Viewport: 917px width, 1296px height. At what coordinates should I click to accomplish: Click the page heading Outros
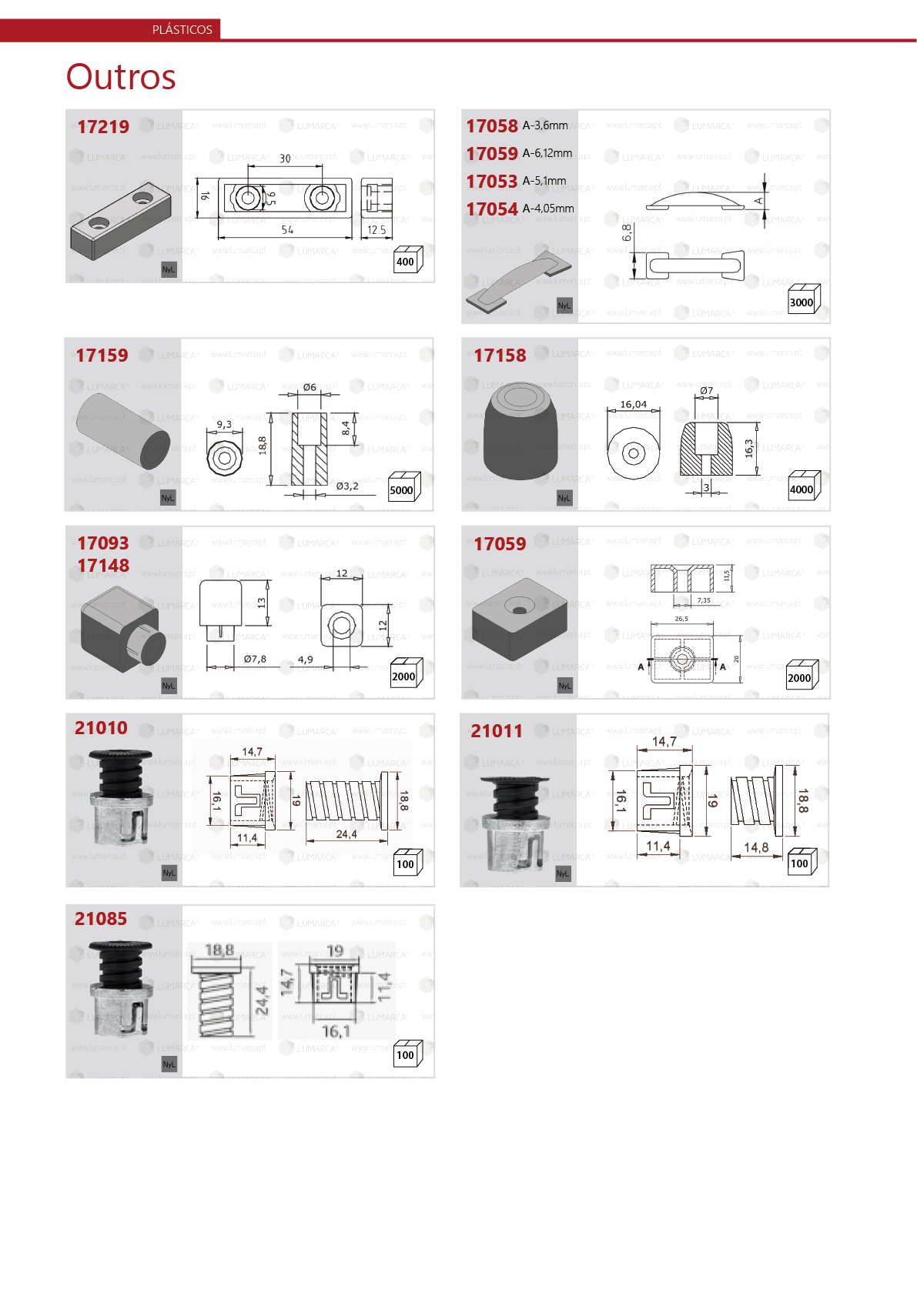tap(121, 77)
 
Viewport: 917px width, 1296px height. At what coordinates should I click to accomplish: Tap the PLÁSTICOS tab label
tap(182, 30)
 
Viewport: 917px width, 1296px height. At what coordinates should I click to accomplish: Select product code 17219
tap(103, 127)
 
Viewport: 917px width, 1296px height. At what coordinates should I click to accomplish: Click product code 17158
tap(500, 356)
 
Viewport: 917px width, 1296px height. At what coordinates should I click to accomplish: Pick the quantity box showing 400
tap(405, 262)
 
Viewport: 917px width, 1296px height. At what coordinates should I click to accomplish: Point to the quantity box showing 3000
tap(801, 302)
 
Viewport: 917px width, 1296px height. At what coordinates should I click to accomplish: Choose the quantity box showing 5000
tap(401, 490)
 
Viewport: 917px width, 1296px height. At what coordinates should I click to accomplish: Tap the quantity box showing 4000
tap(801, 489)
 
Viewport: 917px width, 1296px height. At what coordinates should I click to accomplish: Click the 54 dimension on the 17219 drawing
tap(287, 230)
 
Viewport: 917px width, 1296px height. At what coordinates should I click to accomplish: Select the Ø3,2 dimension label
tap(347, 486)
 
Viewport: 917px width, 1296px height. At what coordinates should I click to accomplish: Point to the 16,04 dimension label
tap(634, 405)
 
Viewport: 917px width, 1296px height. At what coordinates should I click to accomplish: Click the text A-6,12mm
tap(547, 153)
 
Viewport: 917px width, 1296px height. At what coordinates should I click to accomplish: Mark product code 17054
tap(492, 209)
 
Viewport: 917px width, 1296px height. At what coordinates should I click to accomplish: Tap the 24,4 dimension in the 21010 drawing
tap(346, 834)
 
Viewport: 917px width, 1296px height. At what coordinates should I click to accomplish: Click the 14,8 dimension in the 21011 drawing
tap(756, 847)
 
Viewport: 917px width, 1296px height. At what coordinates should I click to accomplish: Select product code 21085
tap(101, 919)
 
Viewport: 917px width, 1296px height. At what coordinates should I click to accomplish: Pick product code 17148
tap(103, 566)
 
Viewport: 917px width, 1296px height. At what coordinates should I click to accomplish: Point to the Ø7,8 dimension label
tap(255, 660)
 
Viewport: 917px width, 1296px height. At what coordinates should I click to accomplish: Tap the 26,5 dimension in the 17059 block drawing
tap(681, 619)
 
